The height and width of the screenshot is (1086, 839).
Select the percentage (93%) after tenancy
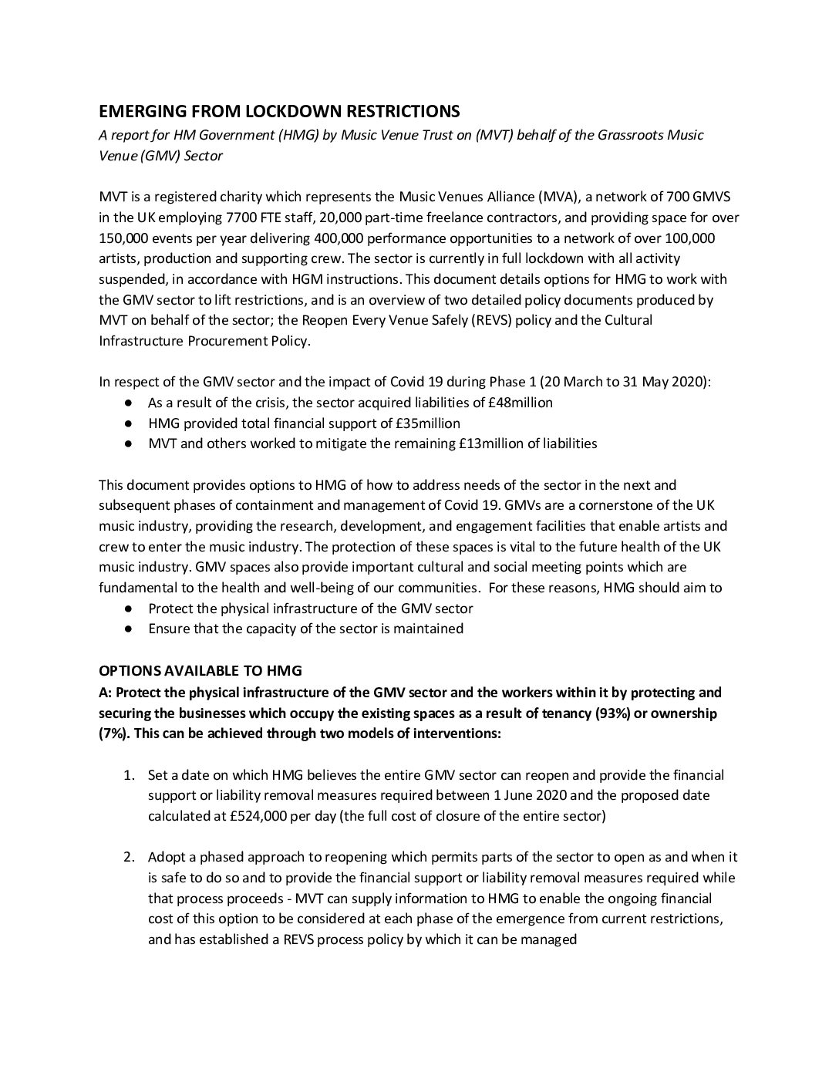(614, 713)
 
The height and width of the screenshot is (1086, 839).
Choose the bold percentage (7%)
(113, 734)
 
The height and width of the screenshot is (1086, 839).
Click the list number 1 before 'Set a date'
(132, 775)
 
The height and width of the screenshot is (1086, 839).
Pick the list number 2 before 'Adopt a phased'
(132, 858)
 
